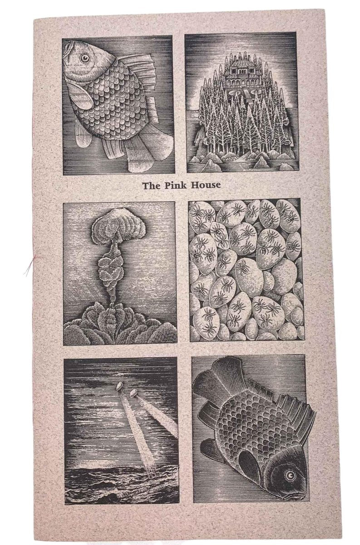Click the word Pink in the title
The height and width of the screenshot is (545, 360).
click(x=175, y=185)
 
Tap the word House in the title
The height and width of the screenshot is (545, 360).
click(x=206, y=185)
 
